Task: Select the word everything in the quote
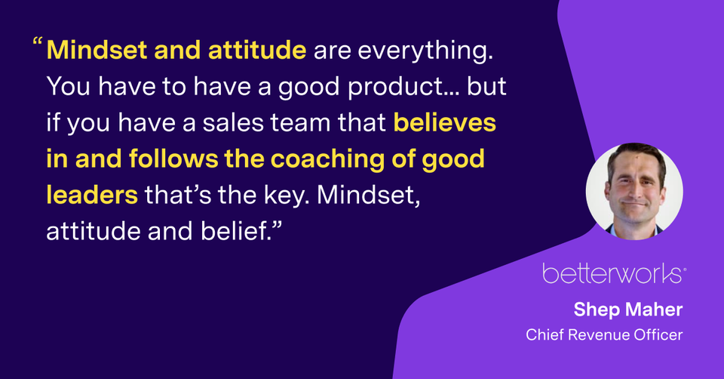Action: point(425,51)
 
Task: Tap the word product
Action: point(396,87)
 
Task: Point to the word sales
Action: point(233,123)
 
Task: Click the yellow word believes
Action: point(445,123)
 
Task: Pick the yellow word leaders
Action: point(92,195)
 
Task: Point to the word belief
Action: point(235,231)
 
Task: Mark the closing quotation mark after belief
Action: point(276,225)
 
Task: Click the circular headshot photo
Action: point(634,191)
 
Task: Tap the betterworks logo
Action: point(614,273)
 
